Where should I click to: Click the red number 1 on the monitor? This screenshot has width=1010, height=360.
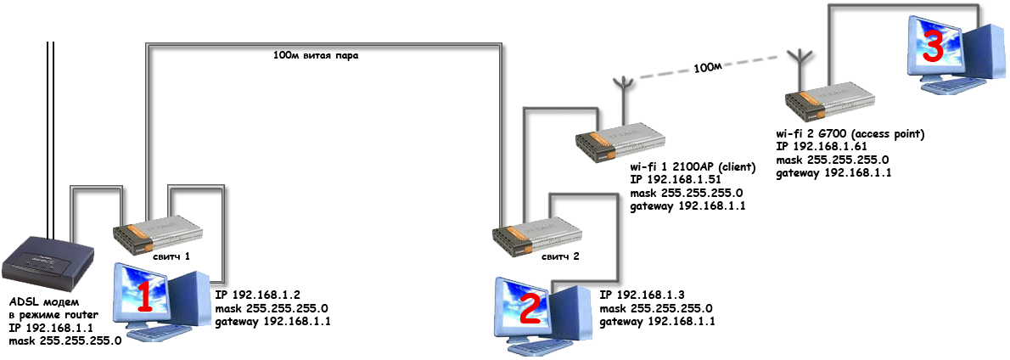point(145,298)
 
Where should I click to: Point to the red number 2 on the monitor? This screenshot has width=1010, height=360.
point(528,310)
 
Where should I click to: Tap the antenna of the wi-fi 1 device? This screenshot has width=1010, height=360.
point(623,93)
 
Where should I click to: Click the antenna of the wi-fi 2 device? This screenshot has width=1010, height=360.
point(797,64)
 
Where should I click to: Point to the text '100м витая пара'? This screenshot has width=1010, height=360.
point(315,58)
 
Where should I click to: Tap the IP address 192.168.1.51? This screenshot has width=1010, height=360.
point(688,180)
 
